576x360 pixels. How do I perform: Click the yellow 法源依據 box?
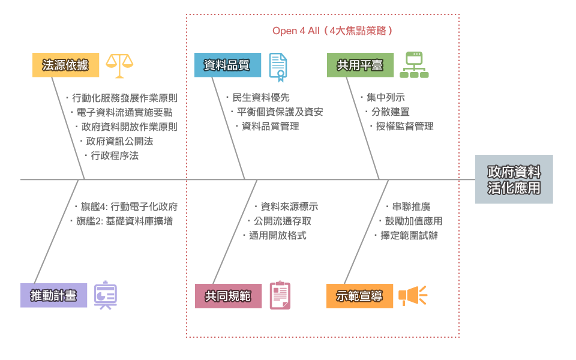[65, 65]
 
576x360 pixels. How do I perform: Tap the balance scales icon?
[119, 65]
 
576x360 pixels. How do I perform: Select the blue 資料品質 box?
[227, 65]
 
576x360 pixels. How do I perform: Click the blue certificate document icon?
[277, 67]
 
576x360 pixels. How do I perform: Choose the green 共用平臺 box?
[360, 65]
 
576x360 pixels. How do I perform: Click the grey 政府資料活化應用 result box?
[514, 179]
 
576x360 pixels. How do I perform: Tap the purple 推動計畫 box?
[53, 296]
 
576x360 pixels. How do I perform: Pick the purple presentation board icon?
[106, 295]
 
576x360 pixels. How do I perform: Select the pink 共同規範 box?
[228, 296]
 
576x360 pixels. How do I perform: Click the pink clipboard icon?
[280, 295]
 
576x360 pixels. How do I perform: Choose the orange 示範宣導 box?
[359, 296]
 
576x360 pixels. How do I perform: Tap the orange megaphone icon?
[412, 295]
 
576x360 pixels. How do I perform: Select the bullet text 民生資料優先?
[260, 97]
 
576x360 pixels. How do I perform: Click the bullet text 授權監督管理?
[404, 126]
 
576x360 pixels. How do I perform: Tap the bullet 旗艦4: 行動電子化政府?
[128, 206]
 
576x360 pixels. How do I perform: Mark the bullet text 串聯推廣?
[411, 206]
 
